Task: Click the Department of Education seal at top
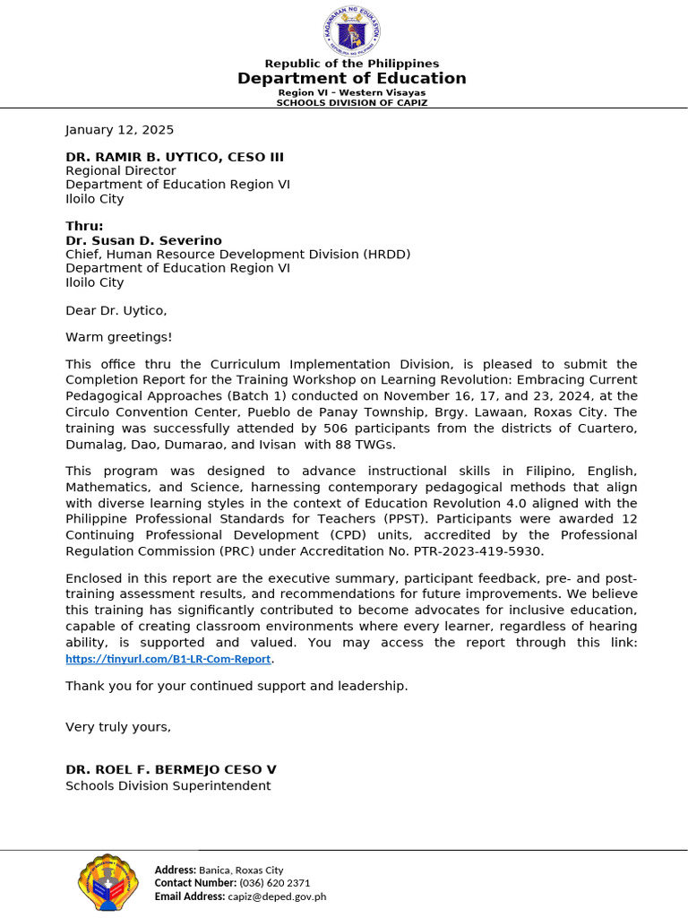(x=351, y=30)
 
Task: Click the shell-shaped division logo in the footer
(x=108, y=882)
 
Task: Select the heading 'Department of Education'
(x=351, y=79)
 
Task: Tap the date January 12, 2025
(x=119, y=130)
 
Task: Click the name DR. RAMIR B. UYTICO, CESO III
(x=175, y=157)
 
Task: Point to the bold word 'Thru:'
(x=84, y=226)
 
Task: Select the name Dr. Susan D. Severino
(x=143, y=240)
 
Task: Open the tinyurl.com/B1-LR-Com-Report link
(x=168, y=659)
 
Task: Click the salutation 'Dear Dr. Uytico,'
(x=116, y=310)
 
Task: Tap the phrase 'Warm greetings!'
(x=118, y=337)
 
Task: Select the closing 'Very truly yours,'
(x=117, y=727)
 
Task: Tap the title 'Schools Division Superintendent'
(x=168, y=786)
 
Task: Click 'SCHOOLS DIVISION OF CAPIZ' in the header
(x=351, y=102)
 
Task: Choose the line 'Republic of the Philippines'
(x=351, y=64)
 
